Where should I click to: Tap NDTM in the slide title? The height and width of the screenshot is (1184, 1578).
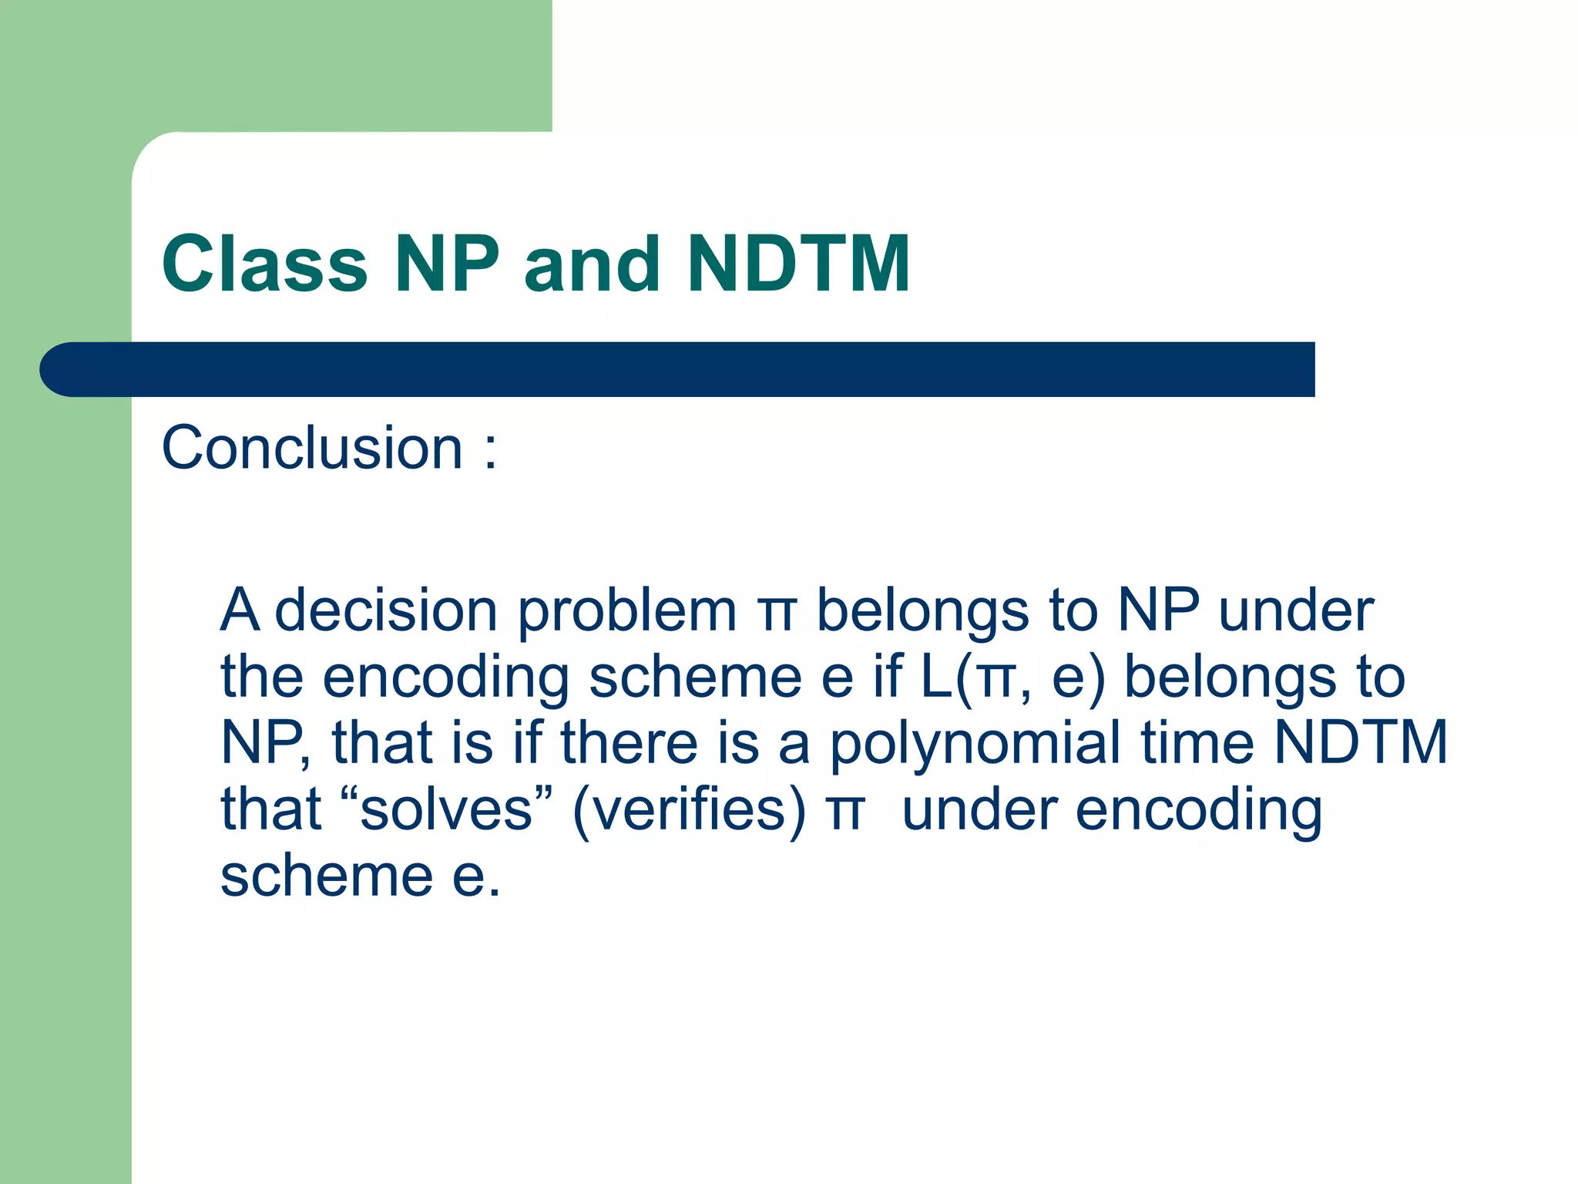(x=799, y=264)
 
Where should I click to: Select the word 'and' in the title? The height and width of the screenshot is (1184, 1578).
(x=592, y=264)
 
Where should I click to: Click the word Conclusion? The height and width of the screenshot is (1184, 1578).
(x=312, y=448)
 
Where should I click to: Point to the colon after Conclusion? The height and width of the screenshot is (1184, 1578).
(x=490, y=451)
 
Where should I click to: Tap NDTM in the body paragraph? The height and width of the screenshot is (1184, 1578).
(x=1361, y=743)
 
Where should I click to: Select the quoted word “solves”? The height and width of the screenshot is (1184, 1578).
(x=446, y=809)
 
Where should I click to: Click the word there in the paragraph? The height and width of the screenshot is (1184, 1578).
(x=629, y=743)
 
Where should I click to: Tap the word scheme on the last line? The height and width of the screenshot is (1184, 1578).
(x=327, y=876)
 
